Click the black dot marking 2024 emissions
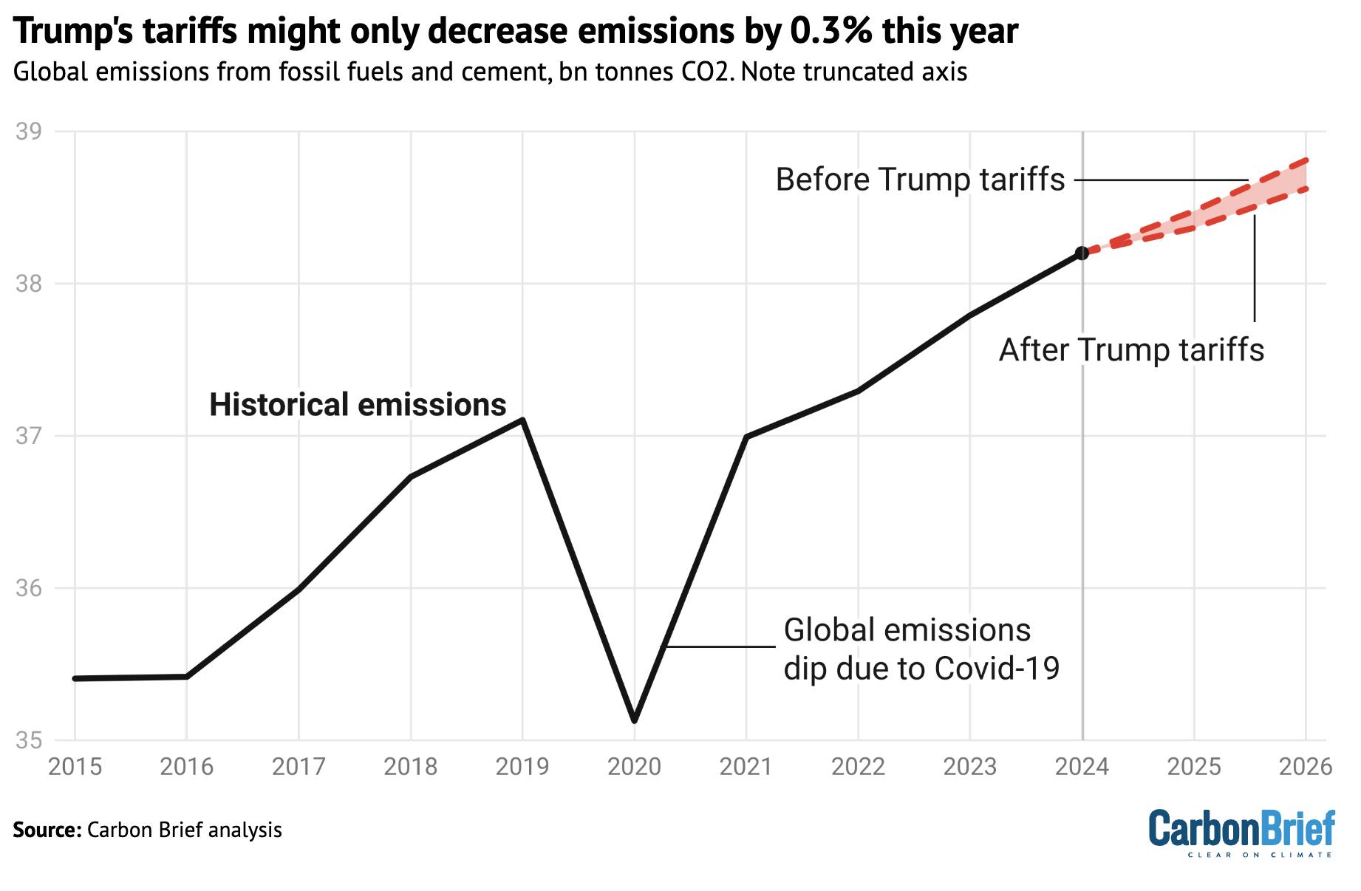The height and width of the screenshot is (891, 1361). coord(1082,253)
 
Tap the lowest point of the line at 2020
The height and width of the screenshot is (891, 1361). coord(635,720)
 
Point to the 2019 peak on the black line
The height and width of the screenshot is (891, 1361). coord(522,420)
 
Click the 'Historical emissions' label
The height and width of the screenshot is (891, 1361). coord(358,405)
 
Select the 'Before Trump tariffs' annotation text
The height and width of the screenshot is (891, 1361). coord(920,180)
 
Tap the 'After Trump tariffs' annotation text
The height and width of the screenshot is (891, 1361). coord(1131,349)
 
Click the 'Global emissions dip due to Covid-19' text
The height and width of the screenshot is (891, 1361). coord(921,649)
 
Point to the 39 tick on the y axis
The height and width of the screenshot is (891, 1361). coord(28,132)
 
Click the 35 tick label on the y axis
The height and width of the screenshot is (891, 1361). coord(28,740)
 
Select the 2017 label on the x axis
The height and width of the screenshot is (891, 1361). coord(299,767)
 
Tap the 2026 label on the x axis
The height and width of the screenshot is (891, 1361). coord(1305,767)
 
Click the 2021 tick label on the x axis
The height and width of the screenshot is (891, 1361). coord(746,767)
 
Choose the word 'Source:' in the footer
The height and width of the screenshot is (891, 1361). coord(46,830)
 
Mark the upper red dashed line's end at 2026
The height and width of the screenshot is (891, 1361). coord(1306,160)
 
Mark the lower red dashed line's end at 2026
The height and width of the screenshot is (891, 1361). coord(1306,189)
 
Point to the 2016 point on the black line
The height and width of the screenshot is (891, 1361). coord(186,676)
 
